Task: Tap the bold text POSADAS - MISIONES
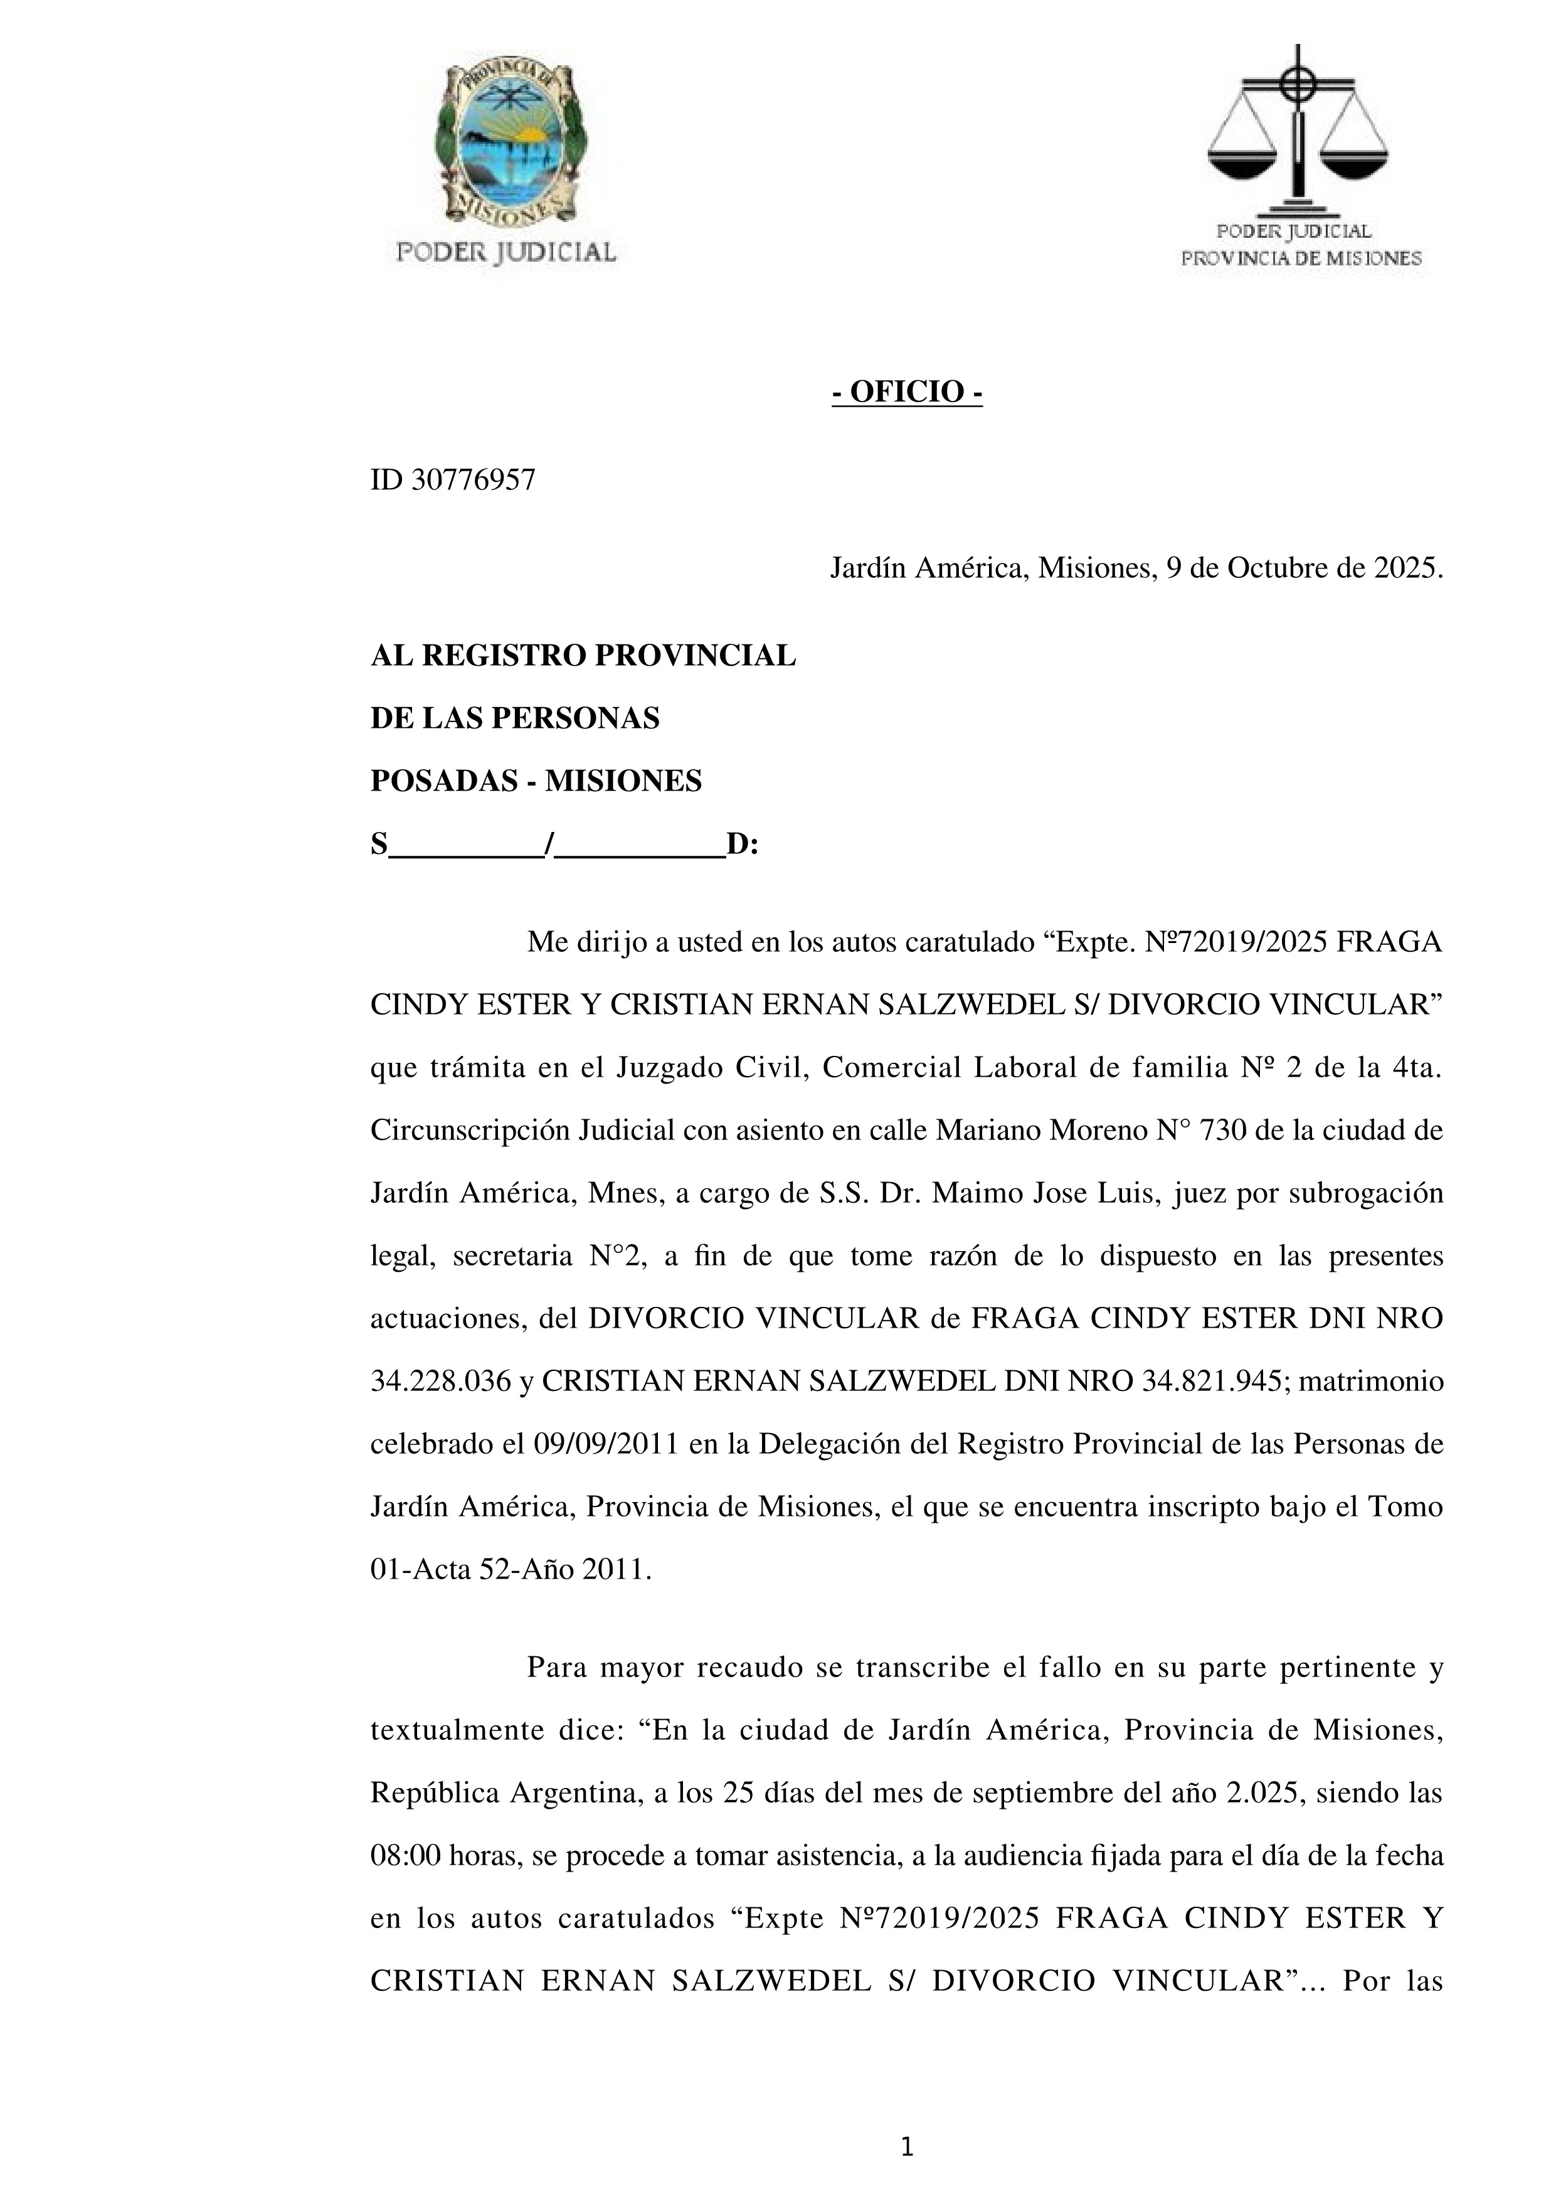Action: click(536, 781)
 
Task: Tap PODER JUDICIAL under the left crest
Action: click(506, 252)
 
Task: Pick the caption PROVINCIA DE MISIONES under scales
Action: click(1300, 258)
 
